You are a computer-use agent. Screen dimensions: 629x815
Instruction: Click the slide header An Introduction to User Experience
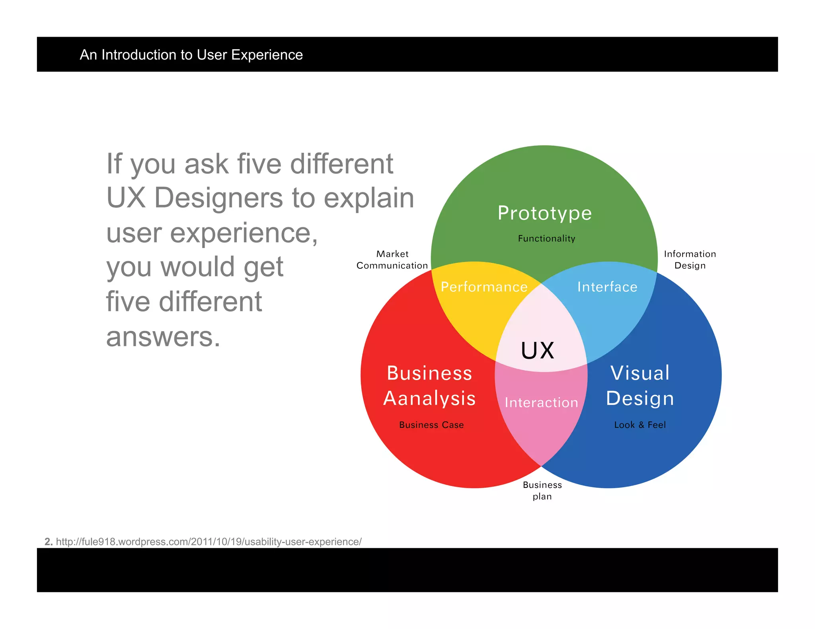191,55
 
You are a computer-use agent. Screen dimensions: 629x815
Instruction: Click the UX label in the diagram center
537,351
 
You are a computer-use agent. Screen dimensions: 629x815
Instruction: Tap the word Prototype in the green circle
544,213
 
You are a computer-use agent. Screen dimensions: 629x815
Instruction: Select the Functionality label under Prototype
546,239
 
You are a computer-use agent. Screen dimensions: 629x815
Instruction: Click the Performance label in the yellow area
484,287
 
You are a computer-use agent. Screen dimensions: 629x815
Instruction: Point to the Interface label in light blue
607,287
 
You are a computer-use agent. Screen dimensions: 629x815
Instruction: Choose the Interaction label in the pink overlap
541,402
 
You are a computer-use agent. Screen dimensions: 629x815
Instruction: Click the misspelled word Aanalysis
429,398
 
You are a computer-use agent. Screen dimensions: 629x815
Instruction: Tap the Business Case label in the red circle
431,425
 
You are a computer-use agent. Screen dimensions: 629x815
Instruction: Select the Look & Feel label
640,425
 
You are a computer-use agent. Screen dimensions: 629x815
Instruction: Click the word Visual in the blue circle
640,373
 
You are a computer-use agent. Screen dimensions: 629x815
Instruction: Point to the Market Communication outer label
392,260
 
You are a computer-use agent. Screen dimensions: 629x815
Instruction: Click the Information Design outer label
690,260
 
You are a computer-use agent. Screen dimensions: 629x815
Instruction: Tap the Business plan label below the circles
542,491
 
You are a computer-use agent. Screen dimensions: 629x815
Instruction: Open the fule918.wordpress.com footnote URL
209,542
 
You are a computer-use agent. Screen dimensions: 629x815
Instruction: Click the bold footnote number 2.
48,542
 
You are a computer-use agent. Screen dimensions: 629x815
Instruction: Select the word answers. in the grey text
163,336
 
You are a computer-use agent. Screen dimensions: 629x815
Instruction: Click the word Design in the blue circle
640,398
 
